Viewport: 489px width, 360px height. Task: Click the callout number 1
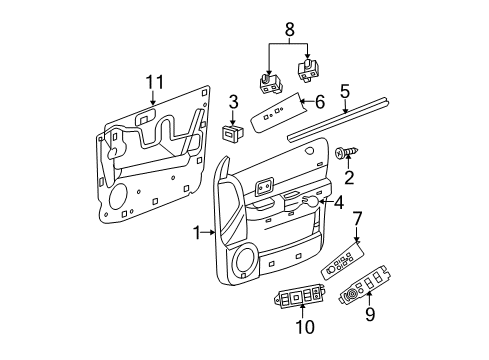click(197, 232)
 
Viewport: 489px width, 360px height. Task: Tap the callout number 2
click(349, 178)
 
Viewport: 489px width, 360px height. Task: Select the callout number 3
click(232, 102)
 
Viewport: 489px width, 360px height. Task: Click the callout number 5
click(345, 91)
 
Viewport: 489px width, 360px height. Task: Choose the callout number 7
click(358, 219)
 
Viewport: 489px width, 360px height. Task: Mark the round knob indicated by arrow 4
click(312, 203)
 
